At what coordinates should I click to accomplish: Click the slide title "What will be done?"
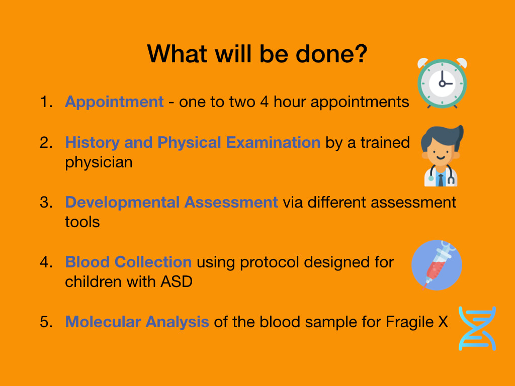click(x=257, y=54)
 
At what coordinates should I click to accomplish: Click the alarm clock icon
click(x=442, y=83)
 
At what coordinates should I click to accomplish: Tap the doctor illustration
click(x=442, y=156)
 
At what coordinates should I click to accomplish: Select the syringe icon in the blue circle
click(x=437, y=265)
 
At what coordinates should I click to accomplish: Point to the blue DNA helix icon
click(x=477, y=329)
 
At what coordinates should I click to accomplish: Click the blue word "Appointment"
click(x=114, y=102)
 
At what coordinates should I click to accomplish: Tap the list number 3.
click(x=46, y=202)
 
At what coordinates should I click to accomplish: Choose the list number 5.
click(x=46, y=322)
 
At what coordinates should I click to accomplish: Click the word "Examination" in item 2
click(x=273, y=142)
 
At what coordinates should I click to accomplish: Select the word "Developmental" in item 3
click(x=122, y=203)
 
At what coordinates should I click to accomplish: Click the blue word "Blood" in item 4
click(x=88, y=262)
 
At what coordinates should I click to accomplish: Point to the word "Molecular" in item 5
click(x=103, y=322)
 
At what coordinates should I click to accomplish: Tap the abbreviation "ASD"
click(x=177, y=281)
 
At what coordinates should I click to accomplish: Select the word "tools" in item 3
click(x=82, y=222)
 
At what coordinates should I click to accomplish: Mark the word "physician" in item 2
click(x=99, y=163)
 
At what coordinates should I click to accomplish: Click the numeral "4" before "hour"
click(x=265, y=102)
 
